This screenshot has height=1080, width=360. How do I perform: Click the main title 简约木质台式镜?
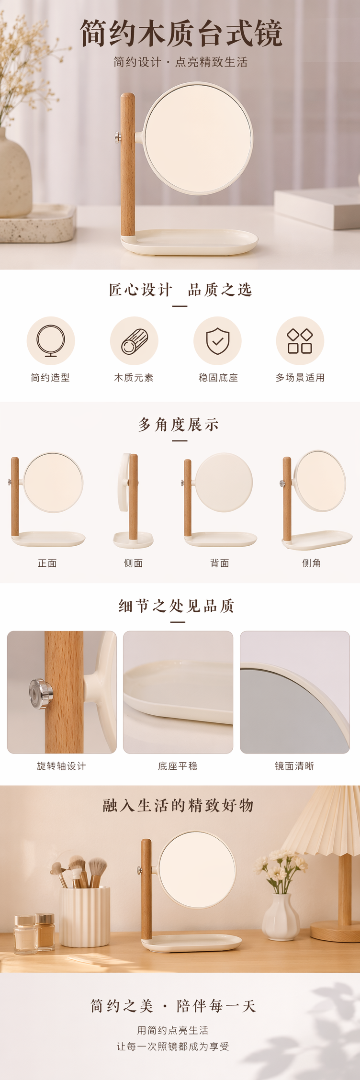point(181,33)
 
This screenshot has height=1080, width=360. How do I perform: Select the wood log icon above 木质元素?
point(134,341)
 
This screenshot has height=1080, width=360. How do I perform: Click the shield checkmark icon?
point(217,341)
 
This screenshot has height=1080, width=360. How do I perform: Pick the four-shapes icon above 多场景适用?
point(300,341)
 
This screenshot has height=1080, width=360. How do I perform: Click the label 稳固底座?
point(218,378)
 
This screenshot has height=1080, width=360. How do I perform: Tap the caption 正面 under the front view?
point(47,563)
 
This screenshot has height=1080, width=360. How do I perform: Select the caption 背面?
point(220,563)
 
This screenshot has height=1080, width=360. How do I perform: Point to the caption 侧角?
point(312,563)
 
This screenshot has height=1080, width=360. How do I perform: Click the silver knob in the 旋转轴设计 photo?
point(41,693)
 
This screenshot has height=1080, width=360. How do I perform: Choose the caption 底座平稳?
point(178,766)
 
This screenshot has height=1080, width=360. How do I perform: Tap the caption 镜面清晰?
point(294,766)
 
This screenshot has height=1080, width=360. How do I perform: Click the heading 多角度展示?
point(179,425)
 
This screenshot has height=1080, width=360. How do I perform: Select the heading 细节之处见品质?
point(177,606)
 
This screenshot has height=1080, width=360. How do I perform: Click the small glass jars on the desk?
point(34,933)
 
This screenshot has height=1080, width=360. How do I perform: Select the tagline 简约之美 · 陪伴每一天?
point(173,1006)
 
